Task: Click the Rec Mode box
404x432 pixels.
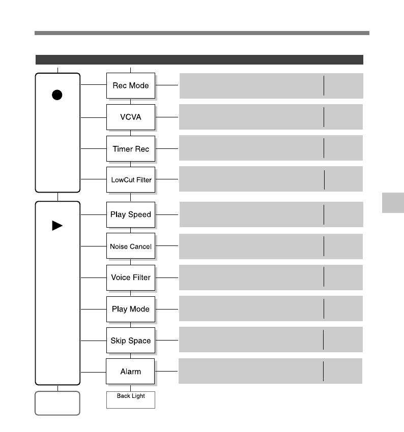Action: coord(131,85)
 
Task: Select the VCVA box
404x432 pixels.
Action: coord(131,117)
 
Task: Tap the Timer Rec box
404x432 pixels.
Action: coord(131,148)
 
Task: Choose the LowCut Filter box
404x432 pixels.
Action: coord(131,179)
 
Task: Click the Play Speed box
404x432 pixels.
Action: coord(131,214)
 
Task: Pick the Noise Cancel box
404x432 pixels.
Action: coord(131,246)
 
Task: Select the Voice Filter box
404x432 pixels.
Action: coord(131,277)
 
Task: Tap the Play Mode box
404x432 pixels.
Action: coord(131,309)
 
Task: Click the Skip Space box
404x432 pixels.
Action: coord(131,341)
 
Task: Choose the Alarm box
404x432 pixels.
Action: coord(130,372)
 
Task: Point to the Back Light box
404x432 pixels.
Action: coord(131,399)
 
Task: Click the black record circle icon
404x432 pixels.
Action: coord(57,95)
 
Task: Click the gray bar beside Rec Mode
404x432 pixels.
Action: coord(271,85)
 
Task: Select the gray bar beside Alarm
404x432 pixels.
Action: coord(270,371)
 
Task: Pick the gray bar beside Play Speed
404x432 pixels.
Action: coord(271,214)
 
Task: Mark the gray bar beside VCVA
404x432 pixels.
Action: coord(271,117)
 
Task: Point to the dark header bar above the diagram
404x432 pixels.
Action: coord(199,59)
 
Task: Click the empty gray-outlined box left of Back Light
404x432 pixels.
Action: coord(57,403)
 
